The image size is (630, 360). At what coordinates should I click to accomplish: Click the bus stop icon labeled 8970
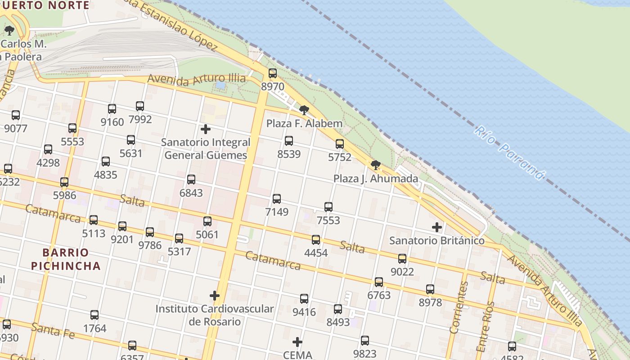pyautogui.click(x=273, y=73)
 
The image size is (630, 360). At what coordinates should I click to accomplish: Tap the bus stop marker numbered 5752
pyautogui.click(x=340, y=144)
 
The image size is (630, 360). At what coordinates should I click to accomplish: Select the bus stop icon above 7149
pyautogui.click(x=277, y=199)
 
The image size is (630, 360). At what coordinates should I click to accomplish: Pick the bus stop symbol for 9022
pyautogui.click(x=402, y=259)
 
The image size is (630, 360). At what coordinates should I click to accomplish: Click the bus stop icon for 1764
pyautogui.click(x=94, y=315)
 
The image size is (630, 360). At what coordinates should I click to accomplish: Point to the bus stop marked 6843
pyautogui.click(x=191, y=180)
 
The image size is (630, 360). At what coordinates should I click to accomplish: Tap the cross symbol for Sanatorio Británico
pyautogui.click(x=436, y=227)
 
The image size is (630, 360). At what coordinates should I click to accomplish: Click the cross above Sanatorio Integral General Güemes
pyautogui.click(x=206, y=130)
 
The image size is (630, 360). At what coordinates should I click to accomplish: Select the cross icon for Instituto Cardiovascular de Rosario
pyautogui.click(x=215, y=296)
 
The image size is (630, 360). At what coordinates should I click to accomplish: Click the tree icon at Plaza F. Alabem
pyautogui.click(x=304, y=110)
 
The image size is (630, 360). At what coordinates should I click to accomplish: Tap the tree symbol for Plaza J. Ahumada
pyautogui.click(x=376, y=165)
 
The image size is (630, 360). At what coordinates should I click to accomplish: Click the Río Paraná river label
pyautogui.click(x=510, y=153)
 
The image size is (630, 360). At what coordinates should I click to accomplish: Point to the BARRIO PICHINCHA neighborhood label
pyautogui.click(x=66, y=259)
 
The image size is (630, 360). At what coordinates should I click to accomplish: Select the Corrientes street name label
pyautogui.click(x=459, y=307)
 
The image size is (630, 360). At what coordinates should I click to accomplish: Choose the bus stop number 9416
pyautogui.click(x=304, y=299)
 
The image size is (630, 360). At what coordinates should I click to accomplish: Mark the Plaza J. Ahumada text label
pyautogui.click(x=376, y=179)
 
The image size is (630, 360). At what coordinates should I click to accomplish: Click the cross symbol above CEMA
pyautogui.click(x=297, y=342)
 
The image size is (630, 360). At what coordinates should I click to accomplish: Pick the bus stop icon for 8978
pyautogui.click(x=430, y=289)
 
